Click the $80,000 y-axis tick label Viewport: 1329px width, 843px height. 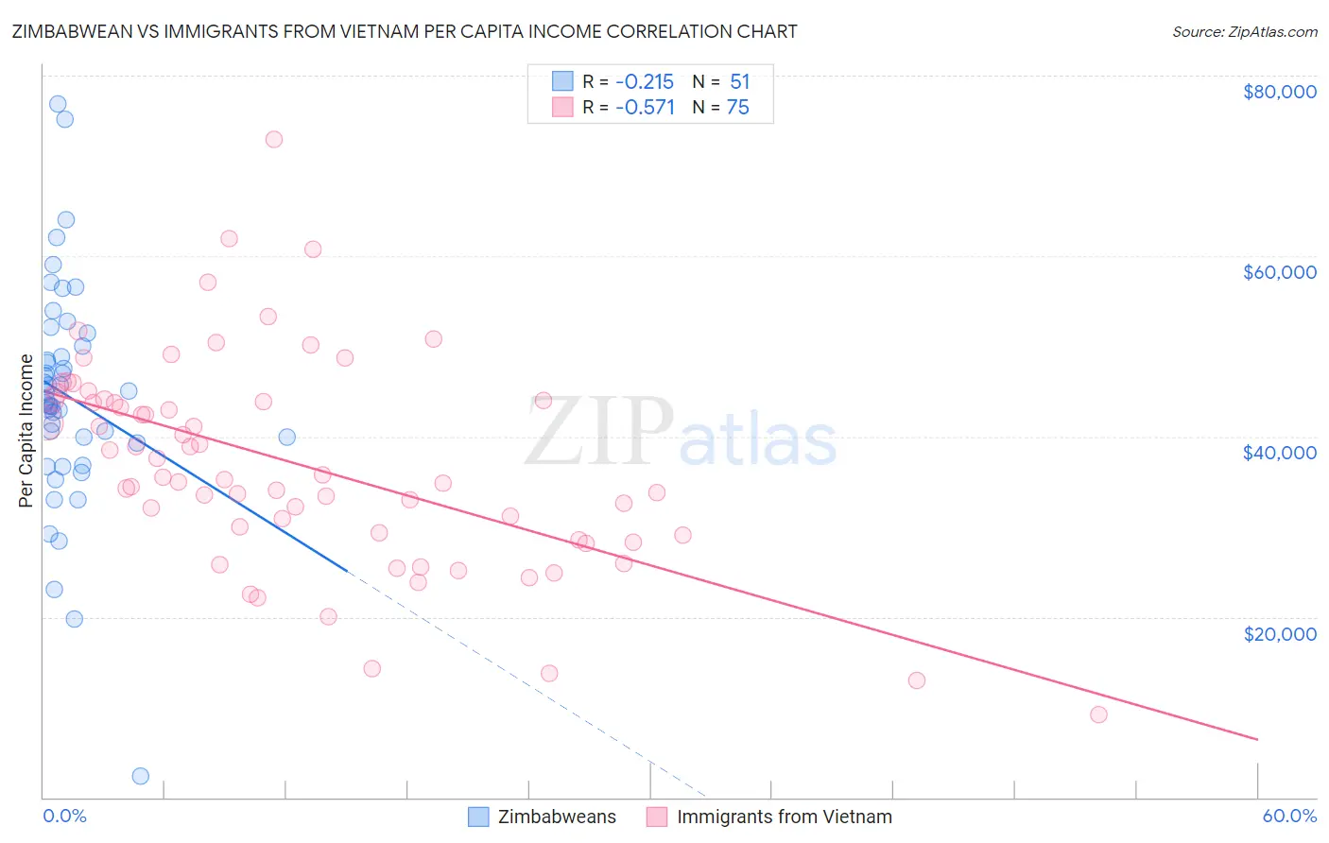[1279, 92]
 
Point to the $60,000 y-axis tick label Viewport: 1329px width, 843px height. [1279, 272]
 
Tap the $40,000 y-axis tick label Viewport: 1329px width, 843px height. [1279, 453]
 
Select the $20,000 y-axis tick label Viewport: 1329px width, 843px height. [1279, 633]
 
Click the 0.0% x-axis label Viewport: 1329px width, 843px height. [64, 816]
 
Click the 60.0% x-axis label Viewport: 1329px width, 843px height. [1288, 816]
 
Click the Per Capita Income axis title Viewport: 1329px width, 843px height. [26, 430]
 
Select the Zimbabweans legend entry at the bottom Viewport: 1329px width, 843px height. [557, 817]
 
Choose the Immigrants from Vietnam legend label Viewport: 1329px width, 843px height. [784, 817]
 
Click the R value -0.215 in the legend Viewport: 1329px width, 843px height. [645, 82]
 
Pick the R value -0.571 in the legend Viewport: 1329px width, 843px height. [645, 108]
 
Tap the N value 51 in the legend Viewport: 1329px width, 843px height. [739, 82]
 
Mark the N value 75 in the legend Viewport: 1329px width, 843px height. [737, 108]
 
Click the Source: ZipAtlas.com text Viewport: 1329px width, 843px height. [1244, 32]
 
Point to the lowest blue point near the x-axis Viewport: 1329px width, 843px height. [141, 776]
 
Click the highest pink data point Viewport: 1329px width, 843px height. [274, 139]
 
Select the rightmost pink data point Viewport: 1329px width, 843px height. [1098, 714]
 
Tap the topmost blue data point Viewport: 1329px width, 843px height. [58, 104]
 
